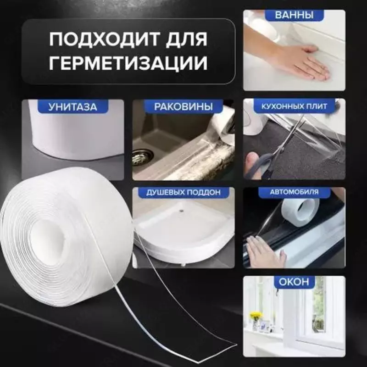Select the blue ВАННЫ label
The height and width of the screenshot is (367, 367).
pyautogui.click(x=294, y=16)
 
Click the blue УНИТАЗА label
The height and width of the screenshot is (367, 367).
pyautogui.click(x=73, y=107)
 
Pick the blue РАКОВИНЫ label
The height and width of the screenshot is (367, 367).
pyautogui.click(x=183, y=107)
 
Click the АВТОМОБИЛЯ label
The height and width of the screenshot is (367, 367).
pyautogui.click(x=294, y=192)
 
